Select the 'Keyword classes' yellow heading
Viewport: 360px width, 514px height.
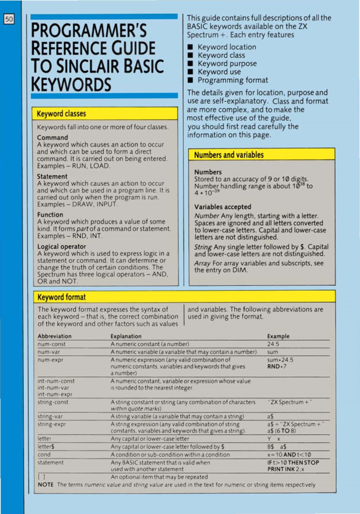61,114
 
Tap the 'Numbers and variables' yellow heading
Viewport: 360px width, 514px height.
229,155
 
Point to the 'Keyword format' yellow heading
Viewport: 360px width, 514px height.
61,297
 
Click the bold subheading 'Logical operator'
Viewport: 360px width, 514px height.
62,247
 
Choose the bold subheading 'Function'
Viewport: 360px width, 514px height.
50,214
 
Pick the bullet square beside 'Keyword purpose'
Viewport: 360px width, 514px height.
190,64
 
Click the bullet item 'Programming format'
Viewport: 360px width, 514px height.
232,80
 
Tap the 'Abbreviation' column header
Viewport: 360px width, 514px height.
55,336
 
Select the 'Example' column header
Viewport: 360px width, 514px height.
278,336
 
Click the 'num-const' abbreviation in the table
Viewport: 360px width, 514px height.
51,344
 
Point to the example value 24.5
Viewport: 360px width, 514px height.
273,344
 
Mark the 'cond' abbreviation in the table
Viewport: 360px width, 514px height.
44,454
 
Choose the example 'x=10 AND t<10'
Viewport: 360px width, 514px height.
290,454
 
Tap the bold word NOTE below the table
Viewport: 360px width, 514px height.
46,485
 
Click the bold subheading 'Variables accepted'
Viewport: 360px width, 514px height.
223,207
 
